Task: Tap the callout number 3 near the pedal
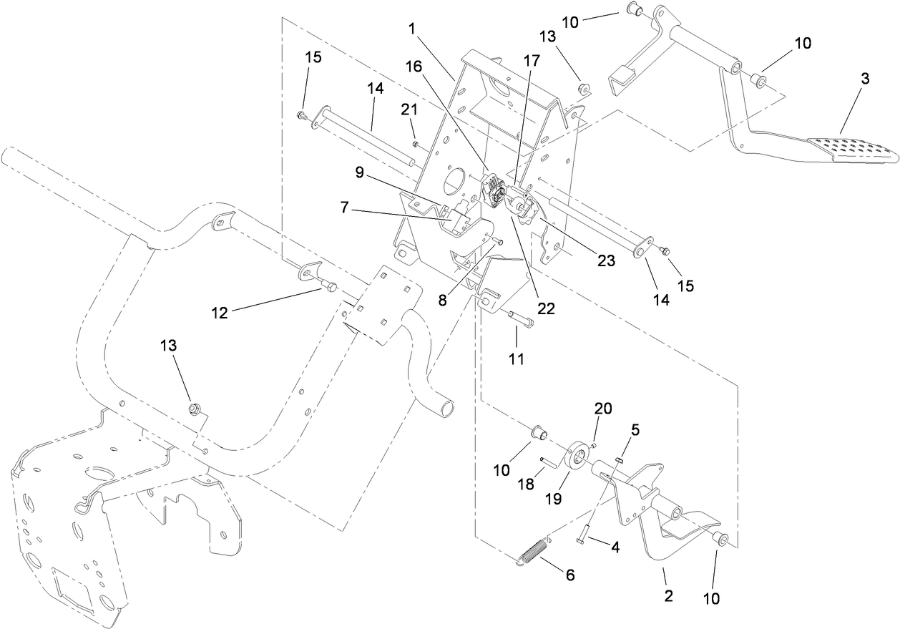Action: pos(864,79)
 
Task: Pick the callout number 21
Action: pos(409,108)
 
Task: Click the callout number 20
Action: pos(604,409)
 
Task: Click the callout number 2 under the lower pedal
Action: pos(669,595)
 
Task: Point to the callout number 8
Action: pos(444,301)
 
